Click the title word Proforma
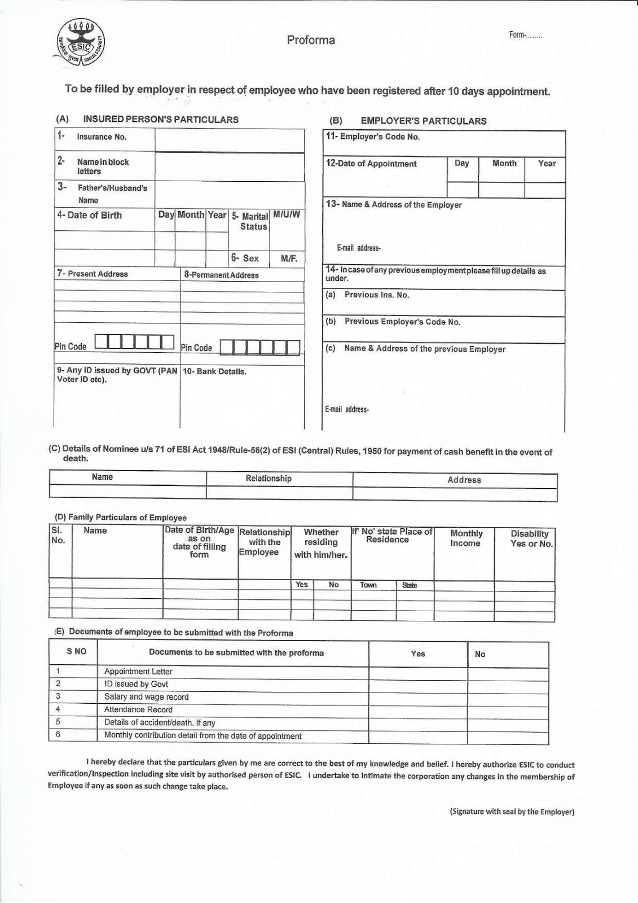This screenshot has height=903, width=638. (311, 40)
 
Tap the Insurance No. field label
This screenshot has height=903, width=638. (102, 137)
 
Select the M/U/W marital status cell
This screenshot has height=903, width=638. (287, 215)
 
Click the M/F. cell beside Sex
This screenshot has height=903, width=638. (289, 258)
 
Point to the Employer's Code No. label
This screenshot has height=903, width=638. (373, 137)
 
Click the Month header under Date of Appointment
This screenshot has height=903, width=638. (504, 164)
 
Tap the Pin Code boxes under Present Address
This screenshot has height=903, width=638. (134, 341)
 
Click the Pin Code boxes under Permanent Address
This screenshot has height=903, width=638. (259, 347)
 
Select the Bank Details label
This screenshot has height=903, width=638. (215, 372)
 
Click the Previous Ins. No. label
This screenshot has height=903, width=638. (377, 295)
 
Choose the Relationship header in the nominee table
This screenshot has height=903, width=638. (269, 479)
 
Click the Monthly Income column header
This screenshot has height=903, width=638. (466, 538)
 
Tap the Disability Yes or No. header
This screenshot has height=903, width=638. (530, 539)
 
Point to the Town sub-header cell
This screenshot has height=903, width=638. (368, 585)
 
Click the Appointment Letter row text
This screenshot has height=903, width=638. (138, 672)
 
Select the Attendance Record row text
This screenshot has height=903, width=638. (138, 710)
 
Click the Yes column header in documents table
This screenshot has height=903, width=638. (417, 654)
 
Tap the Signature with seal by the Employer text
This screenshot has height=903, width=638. (512, 812)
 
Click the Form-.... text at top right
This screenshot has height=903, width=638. (525, 36)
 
